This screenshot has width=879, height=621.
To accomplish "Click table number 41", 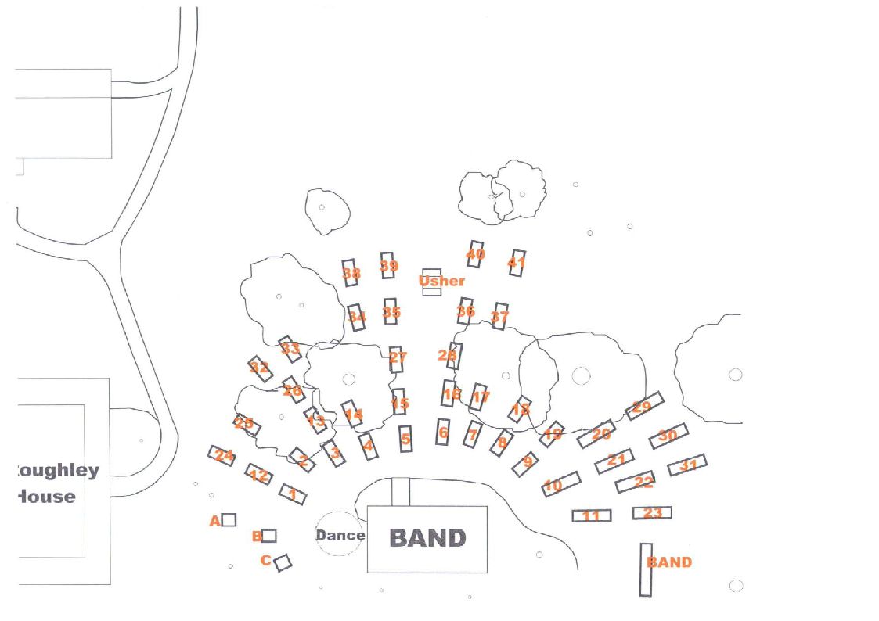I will (517, 263).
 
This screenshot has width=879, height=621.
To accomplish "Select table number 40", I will (475, 254).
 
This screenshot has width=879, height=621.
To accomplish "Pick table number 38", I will (351, 273).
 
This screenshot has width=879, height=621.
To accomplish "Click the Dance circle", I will (340, 535).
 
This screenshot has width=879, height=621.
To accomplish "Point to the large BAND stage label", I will (427, 538).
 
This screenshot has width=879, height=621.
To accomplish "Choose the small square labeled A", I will (229, 519).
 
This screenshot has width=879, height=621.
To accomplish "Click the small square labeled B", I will (268, 536).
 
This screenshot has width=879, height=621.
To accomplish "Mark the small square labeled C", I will (283, 562).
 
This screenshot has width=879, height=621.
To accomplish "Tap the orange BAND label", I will (669, 562).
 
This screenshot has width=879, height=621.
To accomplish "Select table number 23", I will (652, 513).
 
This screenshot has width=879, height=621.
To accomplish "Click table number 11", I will (592, 515).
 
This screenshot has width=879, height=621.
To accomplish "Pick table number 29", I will (644, 406).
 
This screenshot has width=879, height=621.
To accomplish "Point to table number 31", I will (687, 465).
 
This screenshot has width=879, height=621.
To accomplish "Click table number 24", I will (222, 455).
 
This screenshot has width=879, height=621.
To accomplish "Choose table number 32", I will (260, 368).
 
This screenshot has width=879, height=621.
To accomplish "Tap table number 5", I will (405, 440).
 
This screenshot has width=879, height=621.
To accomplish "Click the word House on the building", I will (47, 496).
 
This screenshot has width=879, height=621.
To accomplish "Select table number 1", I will (293, 494).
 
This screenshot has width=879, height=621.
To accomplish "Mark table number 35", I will (391, 312).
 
